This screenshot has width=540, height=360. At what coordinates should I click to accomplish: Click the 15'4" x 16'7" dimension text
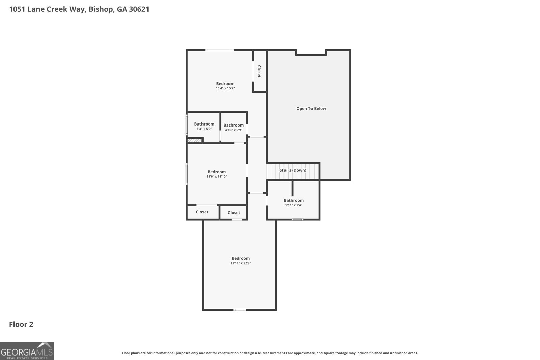coord(225,88)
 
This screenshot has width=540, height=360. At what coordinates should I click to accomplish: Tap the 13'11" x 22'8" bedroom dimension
coord(241,263)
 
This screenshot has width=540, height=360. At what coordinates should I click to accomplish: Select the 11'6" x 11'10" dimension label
coord(217,177)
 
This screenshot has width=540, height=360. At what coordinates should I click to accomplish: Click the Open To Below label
coord(311,108)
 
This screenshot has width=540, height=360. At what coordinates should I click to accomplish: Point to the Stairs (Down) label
coord(293,170)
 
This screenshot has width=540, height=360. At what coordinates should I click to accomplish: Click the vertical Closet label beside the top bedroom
coord(259,71)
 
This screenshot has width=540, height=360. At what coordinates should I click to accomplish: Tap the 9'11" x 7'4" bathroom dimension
coord(294,205)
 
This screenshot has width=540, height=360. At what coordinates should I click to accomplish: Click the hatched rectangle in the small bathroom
coord(194,141)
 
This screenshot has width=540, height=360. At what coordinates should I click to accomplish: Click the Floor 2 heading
coord(21,324)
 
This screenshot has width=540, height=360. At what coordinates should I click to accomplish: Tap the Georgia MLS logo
coord(27,351)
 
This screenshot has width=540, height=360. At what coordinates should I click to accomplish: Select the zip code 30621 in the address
coord(139,9)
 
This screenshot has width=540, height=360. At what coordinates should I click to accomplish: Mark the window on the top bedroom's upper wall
coord(219,50)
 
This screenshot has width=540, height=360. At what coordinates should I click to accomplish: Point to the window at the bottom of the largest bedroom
coord(239,310)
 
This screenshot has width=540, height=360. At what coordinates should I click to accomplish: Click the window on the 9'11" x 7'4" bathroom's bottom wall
coord(297,220)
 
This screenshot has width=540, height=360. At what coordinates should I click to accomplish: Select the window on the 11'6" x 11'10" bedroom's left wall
coord(187,174)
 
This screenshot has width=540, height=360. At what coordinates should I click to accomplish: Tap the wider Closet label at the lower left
coord(202,212)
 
